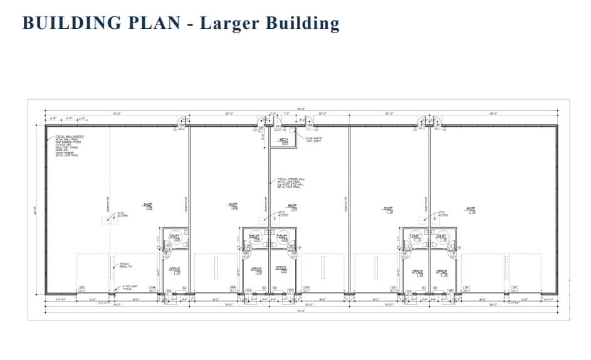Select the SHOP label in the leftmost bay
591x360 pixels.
pos(148,206)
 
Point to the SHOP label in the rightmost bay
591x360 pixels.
pos(471,209)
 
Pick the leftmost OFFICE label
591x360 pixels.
pos(175,270)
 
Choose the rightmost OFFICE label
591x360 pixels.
pos(442,272)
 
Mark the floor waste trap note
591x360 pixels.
pos(313,139)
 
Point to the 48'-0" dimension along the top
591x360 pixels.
pos(493,114)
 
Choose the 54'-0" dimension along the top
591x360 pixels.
pos(117,114)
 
